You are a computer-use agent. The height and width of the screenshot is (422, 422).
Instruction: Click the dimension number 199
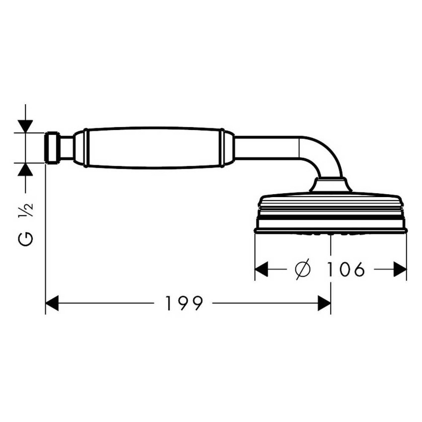click(x=184, y=303)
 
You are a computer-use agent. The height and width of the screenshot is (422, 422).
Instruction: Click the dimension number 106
click(x=346, y=269)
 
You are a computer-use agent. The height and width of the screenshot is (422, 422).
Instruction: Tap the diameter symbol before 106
click(x=303, y=269)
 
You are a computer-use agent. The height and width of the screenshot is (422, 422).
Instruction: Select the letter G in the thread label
click(x=25, y=238)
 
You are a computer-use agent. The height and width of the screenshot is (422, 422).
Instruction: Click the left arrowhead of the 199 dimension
click(x=52, y=303)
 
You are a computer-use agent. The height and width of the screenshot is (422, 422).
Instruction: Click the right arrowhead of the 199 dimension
click(x=324, y=303)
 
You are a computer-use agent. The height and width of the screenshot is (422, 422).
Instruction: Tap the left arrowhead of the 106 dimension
click(x=261, y=269)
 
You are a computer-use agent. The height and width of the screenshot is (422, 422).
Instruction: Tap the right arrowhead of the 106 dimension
click(x=400, y=269)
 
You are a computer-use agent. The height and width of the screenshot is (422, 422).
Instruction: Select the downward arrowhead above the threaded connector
click(x=25, y=126)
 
